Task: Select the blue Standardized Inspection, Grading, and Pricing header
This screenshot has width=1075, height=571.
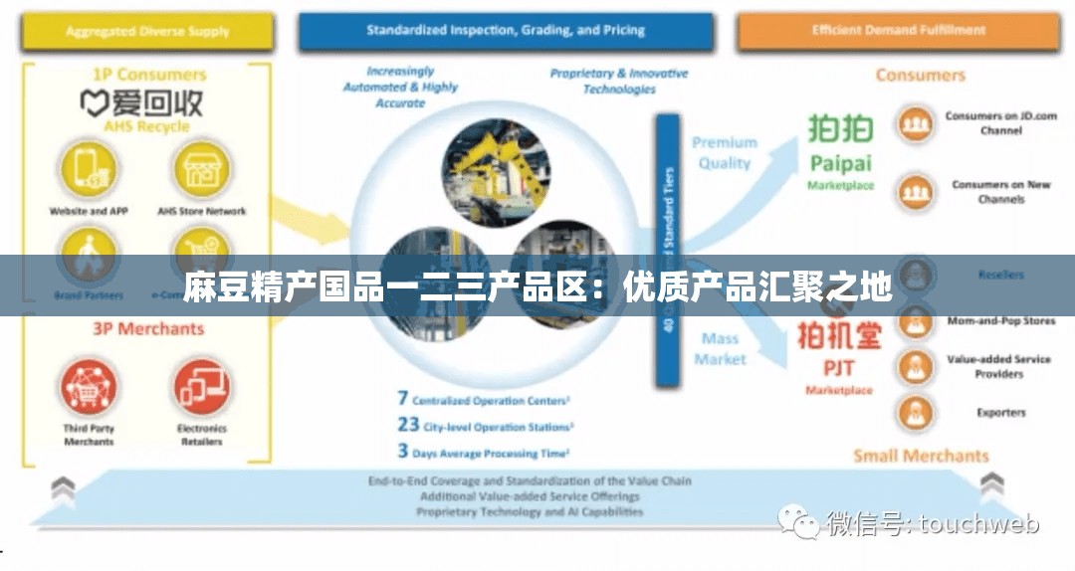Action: [x=505, y=31]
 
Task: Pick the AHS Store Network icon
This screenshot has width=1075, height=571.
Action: [x=201, y=169]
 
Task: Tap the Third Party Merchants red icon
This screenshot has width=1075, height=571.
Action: [x=90, y=387]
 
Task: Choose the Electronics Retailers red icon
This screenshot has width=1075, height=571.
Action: [x=201, y=387]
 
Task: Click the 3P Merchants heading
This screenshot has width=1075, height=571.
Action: [x=148, y=329]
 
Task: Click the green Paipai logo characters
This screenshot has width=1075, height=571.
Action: [x=840, y=130]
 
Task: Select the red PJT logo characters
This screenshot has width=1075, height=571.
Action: [x=839, y=335]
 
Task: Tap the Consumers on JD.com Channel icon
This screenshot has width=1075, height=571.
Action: [x=914, y=124]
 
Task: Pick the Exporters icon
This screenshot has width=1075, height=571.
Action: [x=914, y=412]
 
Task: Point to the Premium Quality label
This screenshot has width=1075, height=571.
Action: [x=724, y=152]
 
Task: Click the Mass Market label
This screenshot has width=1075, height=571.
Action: [x=720, y=348]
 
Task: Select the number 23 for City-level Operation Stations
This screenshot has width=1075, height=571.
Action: [x=408, y=425]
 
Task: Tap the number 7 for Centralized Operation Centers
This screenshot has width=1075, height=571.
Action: [x=403, y=399]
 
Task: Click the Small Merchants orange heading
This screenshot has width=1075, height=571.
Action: [x=921, y=457]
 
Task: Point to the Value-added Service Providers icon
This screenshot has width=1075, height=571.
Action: [x=914, y=367]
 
